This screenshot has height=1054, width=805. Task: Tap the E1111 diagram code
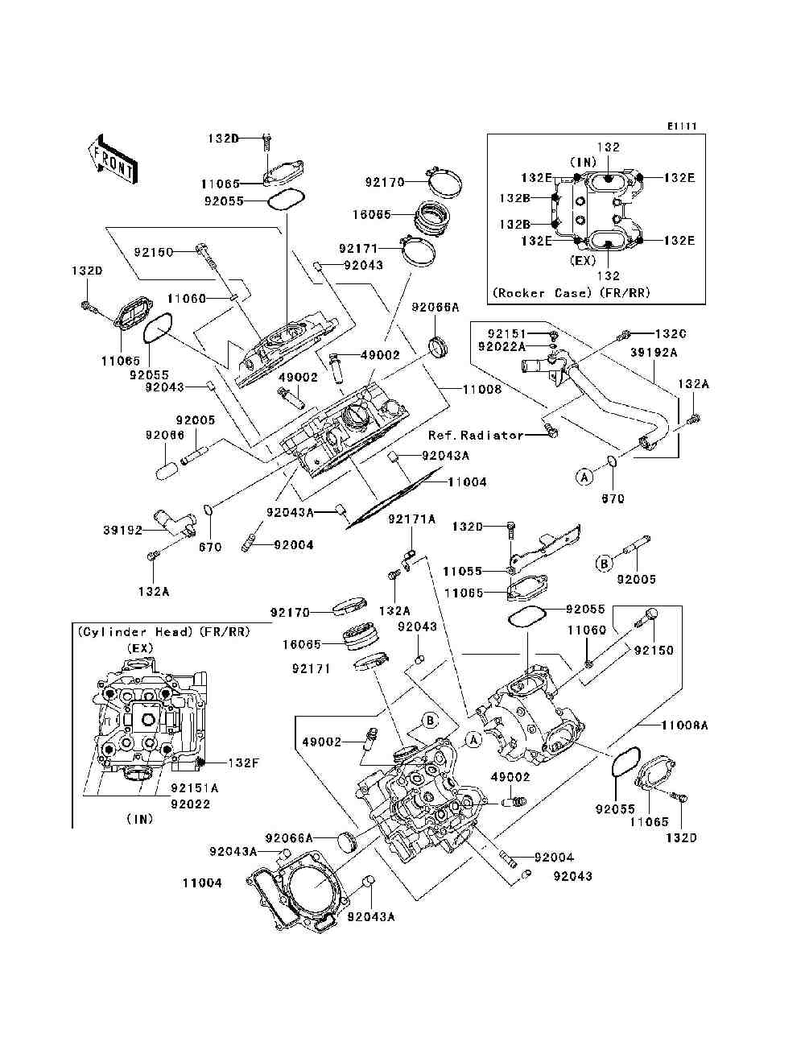tap(680, 126)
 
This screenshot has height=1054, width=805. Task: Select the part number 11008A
tap(684, 725)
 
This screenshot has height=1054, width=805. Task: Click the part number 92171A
tap(411, 519)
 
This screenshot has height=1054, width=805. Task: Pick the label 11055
tap(462, 571)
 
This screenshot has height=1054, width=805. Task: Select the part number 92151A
tap(194, 788)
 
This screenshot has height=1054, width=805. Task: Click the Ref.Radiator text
tap(476, 435)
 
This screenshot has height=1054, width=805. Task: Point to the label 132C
tap(671, 333)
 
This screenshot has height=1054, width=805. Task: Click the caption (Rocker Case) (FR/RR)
tap(571, 293)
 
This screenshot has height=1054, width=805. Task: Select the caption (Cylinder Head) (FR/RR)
tap(163, 632)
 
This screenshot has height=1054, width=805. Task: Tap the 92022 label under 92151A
tap(191, 803)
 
